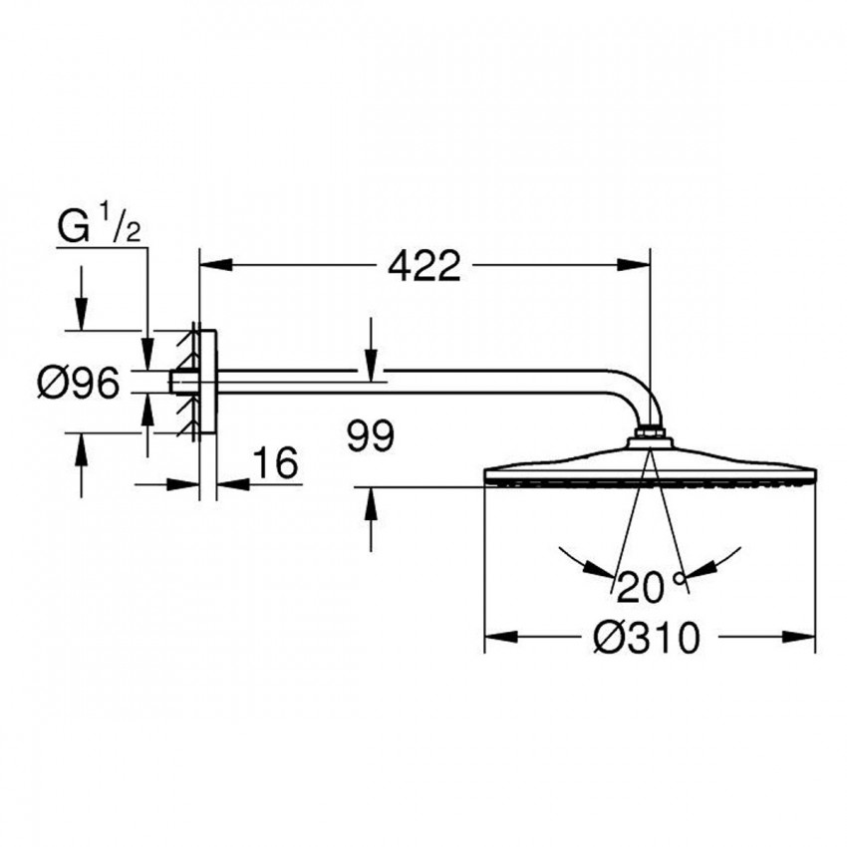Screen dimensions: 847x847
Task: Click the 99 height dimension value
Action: coord(371,434)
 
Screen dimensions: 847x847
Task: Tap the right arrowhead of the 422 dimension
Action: coord(634,265)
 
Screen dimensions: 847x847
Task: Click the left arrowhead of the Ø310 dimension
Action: coord(499,636)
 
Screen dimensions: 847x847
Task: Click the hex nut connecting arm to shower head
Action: coord(649,435)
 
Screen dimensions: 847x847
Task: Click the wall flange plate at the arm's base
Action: coord(206,383)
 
